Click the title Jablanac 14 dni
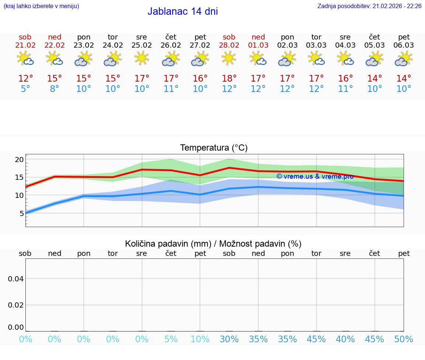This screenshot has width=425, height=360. [x=183, y=11]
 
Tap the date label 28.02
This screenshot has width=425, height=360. [x=229, y=45]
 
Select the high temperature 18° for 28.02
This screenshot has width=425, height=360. [x=229, y=79]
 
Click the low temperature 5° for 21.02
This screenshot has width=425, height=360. [x=25, y=89]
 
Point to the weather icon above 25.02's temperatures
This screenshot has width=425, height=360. [x=142, y=58]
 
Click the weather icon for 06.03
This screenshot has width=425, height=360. [x=404, y=58]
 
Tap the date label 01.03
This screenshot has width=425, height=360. [x=258, y=45]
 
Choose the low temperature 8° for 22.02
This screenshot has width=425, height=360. [x=54, y=89]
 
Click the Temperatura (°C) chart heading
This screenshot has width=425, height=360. [x=214, y=148]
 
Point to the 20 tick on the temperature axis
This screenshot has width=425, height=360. [x=19, y=160]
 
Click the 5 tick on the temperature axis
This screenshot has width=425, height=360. [x=21, y=213]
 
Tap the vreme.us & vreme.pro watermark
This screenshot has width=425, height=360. [x=315, y=176]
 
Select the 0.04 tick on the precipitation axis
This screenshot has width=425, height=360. [x=16, y=278]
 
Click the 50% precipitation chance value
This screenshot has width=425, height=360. [x=404, y=339]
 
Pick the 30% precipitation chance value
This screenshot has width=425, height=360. [x=229, y=339]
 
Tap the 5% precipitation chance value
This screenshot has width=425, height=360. [x=171, y=339]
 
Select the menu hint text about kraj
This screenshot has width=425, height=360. [x=41, y=6]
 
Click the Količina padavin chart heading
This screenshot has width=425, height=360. [x=213, y=244]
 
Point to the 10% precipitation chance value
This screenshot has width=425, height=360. [x=200, y=339]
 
